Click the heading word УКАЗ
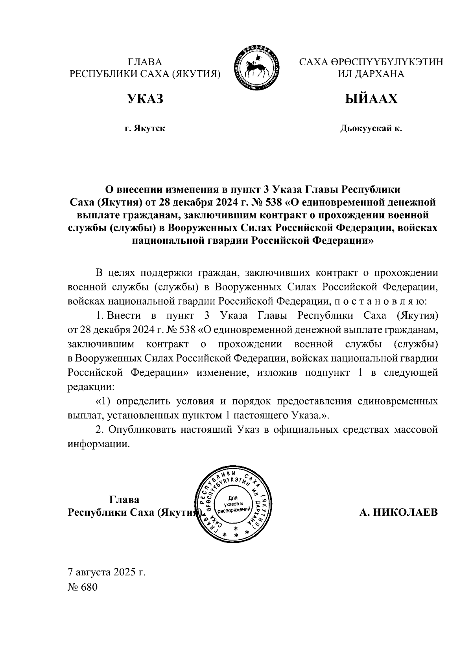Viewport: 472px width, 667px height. pyautogui.click(x=145, y=99)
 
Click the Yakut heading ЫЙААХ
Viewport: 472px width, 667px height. pyautogui.click(x=371, y=99)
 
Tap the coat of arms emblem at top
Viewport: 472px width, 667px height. pyautogui.click(x=257, y=68)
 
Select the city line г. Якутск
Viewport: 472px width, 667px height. pyautogui.click(x=145, y=129)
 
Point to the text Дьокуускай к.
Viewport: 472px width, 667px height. pyautogui.click(x=371, y=129)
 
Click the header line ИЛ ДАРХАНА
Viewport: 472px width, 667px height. pyautogui.click(x=371, y=73)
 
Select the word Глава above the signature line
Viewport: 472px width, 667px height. pyautogui.click(x=124, y=500)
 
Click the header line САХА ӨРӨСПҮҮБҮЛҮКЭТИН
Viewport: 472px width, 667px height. pyautogui.click(x=371, y=62)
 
